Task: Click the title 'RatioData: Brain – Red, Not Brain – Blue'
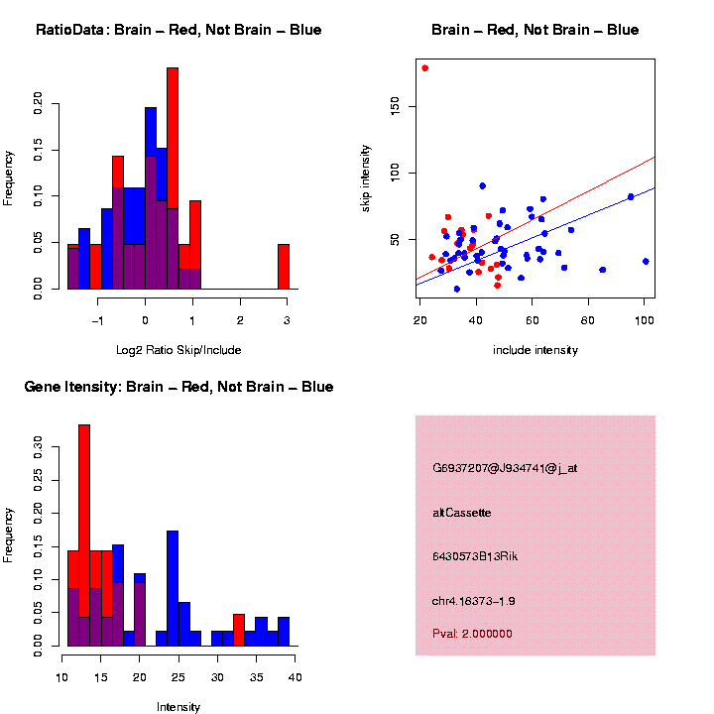point(178,30)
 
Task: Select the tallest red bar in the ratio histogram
point(173,178)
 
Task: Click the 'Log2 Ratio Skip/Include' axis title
point(178,350)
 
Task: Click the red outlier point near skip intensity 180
point(425,68)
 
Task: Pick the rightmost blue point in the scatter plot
point(646,262)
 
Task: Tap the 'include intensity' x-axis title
point(535,350)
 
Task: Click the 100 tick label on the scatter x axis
point(644,318)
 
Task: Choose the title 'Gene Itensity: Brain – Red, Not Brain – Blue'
point(178,387)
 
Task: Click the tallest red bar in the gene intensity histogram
point(84,535)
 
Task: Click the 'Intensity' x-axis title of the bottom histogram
point(178,707)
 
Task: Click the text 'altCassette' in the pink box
point(462,513)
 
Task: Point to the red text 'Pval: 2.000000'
point(473,634)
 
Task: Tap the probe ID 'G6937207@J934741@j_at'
point(505,468)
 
